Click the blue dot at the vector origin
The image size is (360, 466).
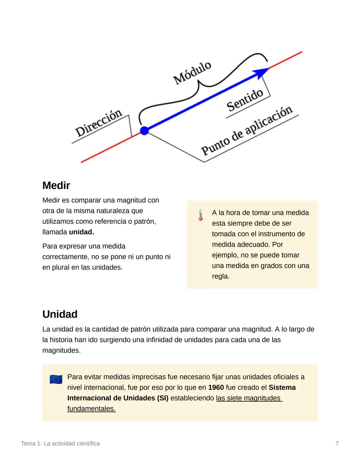tap(144, 130)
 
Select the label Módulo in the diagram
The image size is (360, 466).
tap(192, 73)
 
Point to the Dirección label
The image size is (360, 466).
tap(98, 123)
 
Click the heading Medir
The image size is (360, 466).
tap(56, 185)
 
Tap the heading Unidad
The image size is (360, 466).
tap(60, 314)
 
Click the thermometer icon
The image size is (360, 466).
tap(200, 215)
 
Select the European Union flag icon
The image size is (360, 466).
tap(56, 379)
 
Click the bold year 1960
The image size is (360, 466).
tap(216, 388)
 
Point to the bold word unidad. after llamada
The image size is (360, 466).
tap(81, 232)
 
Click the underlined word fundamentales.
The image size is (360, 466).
tap(91, 409)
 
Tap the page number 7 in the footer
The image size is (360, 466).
tap(337, 444)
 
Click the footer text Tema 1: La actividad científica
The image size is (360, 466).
tap(60, 444)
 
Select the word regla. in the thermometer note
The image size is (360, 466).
tap(221, 276)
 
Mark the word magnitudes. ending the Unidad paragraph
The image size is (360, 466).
tap(61, 351)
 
